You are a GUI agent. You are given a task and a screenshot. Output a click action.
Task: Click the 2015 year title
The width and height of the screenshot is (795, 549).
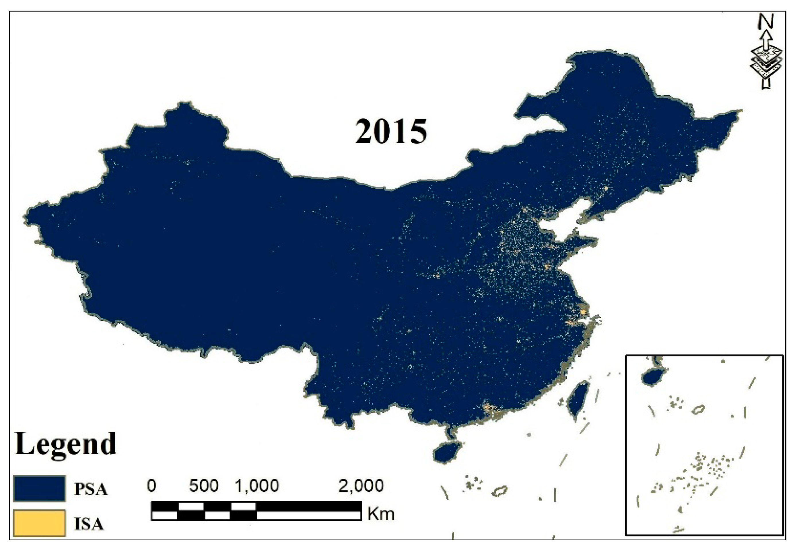391,132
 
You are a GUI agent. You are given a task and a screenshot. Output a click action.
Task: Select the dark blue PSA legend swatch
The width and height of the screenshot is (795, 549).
39,488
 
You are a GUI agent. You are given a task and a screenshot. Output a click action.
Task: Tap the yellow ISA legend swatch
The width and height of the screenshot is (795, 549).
39,523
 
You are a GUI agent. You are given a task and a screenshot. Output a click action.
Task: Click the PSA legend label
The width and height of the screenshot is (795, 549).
91,489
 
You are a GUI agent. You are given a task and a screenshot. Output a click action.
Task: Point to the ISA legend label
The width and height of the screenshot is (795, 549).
89,524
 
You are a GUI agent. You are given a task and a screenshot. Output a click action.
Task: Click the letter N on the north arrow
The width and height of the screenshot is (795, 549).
765,22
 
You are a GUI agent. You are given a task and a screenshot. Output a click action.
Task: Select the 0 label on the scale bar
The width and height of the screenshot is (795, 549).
151,486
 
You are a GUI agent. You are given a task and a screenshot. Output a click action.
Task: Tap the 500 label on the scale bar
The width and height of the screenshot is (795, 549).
203,486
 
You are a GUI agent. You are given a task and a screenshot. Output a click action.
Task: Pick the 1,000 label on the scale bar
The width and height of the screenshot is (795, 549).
257,486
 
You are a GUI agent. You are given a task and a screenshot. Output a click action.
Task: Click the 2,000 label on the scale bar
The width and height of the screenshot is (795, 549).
361,486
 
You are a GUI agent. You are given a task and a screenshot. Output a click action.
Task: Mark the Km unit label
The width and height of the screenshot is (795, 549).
381,514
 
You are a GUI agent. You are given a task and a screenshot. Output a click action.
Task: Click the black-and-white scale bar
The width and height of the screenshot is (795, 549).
256,511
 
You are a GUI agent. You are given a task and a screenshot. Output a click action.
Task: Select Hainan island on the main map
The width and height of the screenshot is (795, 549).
447,453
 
